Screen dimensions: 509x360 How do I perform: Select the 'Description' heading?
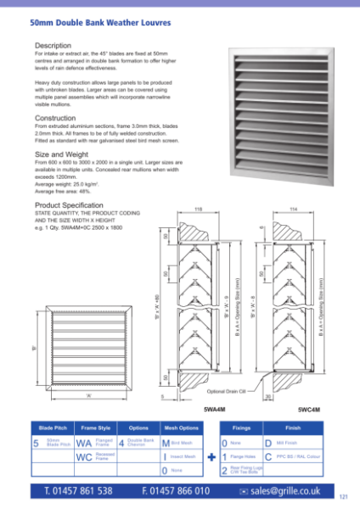click(x=53, y=44)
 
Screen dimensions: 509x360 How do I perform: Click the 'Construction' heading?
click(x=55, y=118)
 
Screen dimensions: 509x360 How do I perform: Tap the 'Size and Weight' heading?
click(x=61, y=155)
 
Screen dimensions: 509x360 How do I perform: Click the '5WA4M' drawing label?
click(x=214, y=409)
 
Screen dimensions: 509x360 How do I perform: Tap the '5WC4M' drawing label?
click(x=309, y=409)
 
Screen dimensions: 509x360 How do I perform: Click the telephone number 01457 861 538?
click(x=78, y=490)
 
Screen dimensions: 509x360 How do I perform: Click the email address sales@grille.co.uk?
click(x=285, y=490)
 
